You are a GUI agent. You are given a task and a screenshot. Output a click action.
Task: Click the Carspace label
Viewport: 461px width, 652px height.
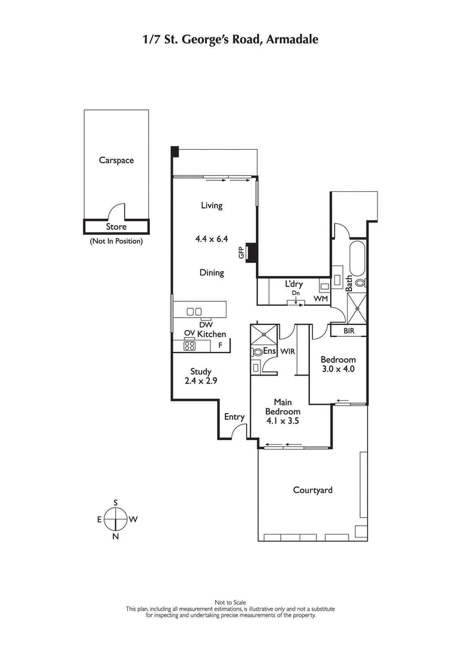pyautogui.click(x=116, y=160)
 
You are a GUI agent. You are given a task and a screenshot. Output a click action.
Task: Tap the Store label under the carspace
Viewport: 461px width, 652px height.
pyautogui.click(x=116, y=227)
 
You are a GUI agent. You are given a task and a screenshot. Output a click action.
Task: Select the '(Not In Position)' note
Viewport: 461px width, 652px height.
pyautogui.click(x=116, y=241)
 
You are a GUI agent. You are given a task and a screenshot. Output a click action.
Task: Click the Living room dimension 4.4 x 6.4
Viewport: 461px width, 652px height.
pyautogui.click(x=211, y=236)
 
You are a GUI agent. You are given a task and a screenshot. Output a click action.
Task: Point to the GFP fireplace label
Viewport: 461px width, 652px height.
pyautogui.click(x=242, y=252)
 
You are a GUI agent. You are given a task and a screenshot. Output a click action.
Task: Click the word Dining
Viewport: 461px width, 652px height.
pyautogui.click(x=211, y=272)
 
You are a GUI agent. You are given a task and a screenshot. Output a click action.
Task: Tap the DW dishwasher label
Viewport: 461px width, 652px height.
pyautogui.click(x=206, y=325)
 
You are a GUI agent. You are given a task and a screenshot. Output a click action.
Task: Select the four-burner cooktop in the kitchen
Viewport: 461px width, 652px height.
pyautogui.click(x=190, y=346)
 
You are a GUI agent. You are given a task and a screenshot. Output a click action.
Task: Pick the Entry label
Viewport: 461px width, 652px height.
pyautogui.click(x=235, y=417)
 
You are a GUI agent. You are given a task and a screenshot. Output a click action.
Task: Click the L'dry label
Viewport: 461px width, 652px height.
pyautogui.click(x=294, y=285)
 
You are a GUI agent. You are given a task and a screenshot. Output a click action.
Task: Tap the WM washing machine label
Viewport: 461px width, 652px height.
pyautogui.click(x=320, y=299)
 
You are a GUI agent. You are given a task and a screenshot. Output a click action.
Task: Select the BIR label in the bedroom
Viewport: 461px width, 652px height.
pyautogui.click(x=349, y=331)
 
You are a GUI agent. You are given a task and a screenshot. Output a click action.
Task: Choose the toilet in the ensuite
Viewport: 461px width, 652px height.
pyautogui.click(x=257, y=351)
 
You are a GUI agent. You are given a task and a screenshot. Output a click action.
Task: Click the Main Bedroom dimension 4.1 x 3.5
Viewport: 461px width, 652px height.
pyautogui.click(x=282, y=420)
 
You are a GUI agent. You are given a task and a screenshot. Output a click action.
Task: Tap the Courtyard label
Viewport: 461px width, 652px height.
pyautogui.click(x=312, y=490)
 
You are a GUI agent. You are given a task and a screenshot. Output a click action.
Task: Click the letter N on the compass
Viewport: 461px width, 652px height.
pyautogui.click(x=116, y=536)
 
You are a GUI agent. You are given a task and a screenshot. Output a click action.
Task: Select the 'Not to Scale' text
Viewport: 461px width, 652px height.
pyautogui.click(x=231, y=603)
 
